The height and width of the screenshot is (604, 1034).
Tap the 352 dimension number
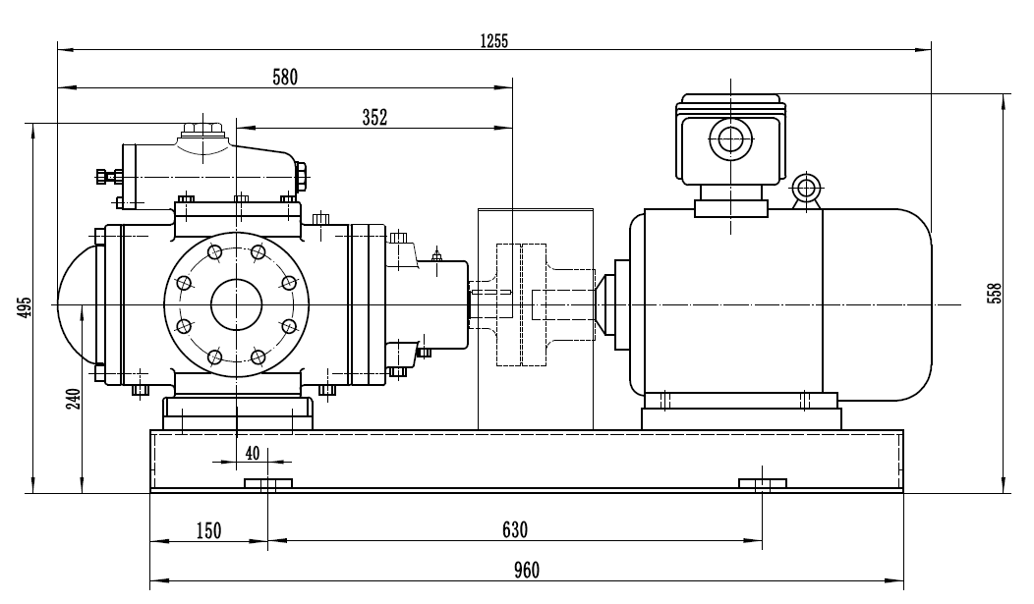point(374,117)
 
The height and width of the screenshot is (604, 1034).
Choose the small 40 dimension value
point(253,453)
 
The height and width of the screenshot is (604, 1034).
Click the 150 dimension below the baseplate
point(208,530)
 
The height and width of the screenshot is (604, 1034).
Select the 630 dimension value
point(513,530)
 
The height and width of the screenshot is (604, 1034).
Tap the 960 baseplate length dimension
point(525,570)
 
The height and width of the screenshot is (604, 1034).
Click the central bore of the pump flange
point(236,304)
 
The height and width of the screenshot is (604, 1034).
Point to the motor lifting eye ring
point(808,188)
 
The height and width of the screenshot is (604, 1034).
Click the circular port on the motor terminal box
point(731,139)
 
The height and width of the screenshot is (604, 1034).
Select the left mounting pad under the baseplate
point(268,483)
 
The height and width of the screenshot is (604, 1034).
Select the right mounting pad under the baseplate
point(762,483)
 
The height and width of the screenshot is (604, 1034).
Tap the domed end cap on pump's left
point(77,304)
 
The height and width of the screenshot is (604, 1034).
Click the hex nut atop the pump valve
point(203,129)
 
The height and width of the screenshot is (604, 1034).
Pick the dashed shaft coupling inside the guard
point(521,304)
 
